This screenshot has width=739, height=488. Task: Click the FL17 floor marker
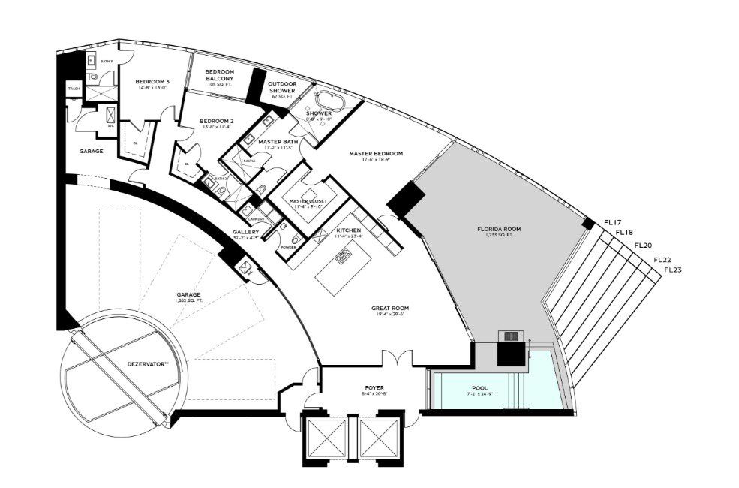613,222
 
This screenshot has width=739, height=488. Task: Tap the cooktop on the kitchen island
345,258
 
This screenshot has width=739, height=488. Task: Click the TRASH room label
74,89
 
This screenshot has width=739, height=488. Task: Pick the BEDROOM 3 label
152,81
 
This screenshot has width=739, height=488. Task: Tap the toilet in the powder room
296,239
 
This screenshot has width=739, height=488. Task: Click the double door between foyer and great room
395,360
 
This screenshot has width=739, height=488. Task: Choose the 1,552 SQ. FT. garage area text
188,301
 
